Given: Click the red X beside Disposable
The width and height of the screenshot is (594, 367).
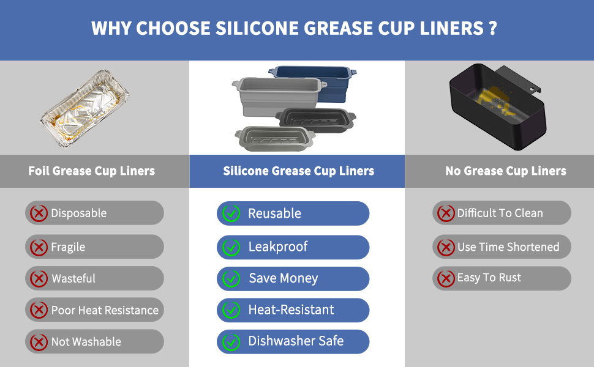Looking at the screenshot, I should coord(39,213).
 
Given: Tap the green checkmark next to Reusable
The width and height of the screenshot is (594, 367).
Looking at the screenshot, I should coord(231,213).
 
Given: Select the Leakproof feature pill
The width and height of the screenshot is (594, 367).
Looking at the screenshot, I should coord(293,247).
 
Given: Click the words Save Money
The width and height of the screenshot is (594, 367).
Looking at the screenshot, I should coord(283,278).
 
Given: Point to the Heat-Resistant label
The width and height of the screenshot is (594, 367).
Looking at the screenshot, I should coord(291,310).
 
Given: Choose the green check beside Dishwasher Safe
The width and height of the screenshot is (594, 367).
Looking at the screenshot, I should coord(231,342).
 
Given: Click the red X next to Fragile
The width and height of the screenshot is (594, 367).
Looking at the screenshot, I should coord(39,247).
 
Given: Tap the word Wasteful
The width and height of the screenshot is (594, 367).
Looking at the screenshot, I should coord(73,278).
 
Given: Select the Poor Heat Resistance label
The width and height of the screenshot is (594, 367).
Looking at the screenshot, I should coord(105,310).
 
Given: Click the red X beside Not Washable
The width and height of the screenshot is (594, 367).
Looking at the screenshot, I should coord(39,342).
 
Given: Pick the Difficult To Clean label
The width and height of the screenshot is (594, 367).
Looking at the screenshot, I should coord(500,213).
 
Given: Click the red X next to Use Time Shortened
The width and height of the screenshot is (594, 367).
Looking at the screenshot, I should coord(446,247).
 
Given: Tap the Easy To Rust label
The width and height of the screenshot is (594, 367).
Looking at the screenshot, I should coord(489,278).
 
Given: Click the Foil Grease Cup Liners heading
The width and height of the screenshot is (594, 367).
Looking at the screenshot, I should coord(92,171).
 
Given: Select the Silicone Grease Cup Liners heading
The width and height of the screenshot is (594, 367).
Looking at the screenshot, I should coord(298,171).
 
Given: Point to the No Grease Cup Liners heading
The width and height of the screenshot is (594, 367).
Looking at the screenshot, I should coord(505,171).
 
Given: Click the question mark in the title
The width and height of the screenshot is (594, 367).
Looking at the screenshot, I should coord(493,29).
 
